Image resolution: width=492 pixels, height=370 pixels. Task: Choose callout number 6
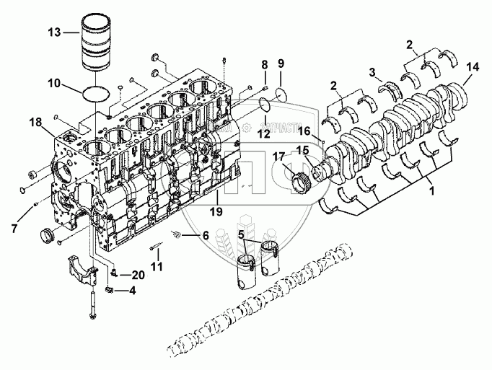(205, 235)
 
